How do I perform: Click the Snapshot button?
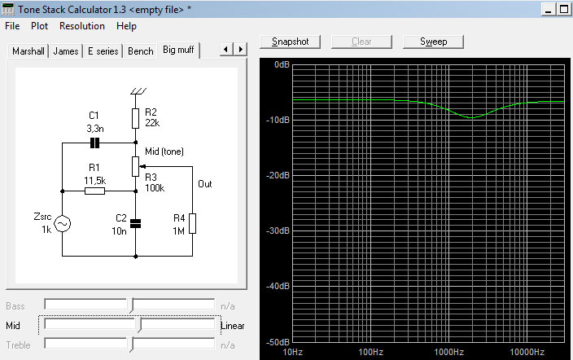290,42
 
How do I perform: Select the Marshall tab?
28,51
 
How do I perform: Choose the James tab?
66,51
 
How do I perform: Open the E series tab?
103,51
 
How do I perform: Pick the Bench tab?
141,51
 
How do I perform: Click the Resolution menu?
82,26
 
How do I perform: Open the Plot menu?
39,26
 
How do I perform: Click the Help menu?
126,26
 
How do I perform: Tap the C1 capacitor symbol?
94,143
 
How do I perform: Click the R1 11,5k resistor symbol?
94,191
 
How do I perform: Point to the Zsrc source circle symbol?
62,223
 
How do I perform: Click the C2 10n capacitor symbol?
136,223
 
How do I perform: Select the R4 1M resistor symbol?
192,223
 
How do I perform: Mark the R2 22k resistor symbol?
135,118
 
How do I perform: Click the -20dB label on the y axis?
278,176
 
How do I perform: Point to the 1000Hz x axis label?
448,352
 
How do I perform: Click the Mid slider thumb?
139,325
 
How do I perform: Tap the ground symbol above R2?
138,91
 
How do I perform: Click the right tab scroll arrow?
240,49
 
